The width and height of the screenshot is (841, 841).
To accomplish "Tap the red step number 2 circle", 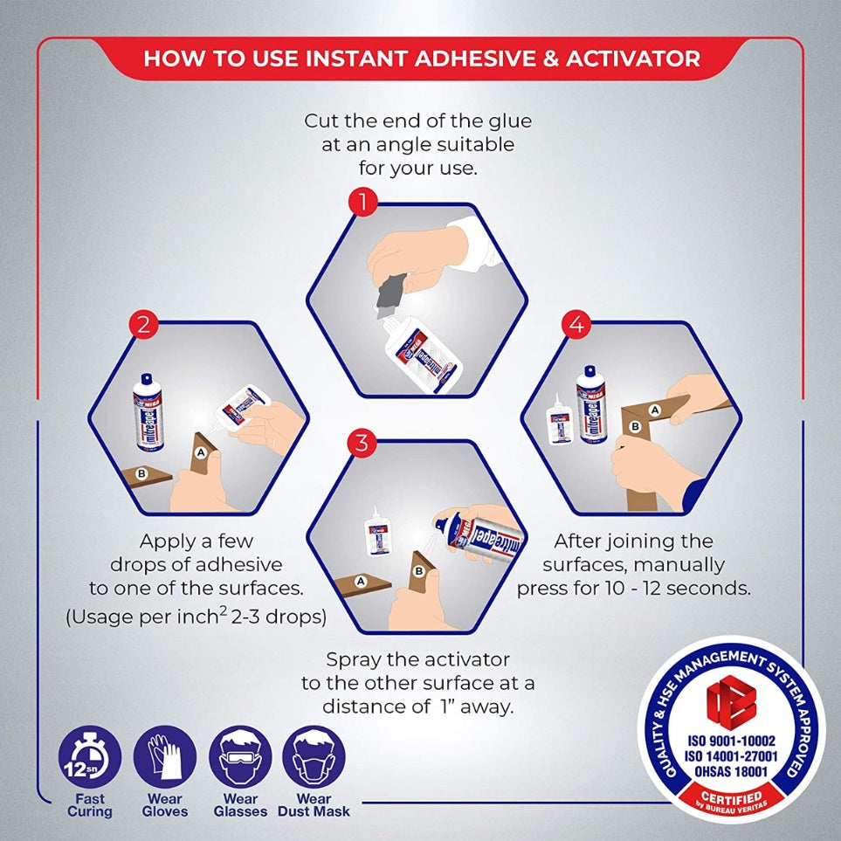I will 143,326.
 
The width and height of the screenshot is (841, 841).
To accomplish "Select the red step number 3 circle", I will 361,443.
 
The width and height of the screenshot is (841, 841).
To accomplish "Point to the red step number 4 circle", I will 576,326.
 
